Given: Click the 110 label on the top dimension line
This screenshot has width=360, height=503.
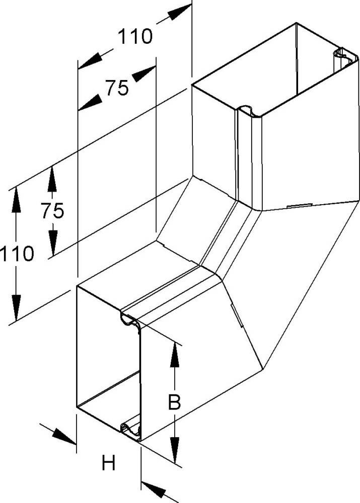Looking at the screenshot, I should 135,37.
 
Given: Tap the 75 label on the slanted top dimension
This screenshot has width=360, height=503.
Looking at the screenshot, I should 117,88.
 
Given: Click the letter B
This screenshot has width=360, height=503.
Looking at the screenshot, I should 174,402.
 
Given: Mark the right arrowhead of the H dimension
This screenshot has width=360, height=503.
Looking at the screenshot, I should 153,488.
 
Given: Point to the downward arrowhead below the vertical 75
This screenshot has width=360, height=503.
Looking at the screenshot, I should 52,241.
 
